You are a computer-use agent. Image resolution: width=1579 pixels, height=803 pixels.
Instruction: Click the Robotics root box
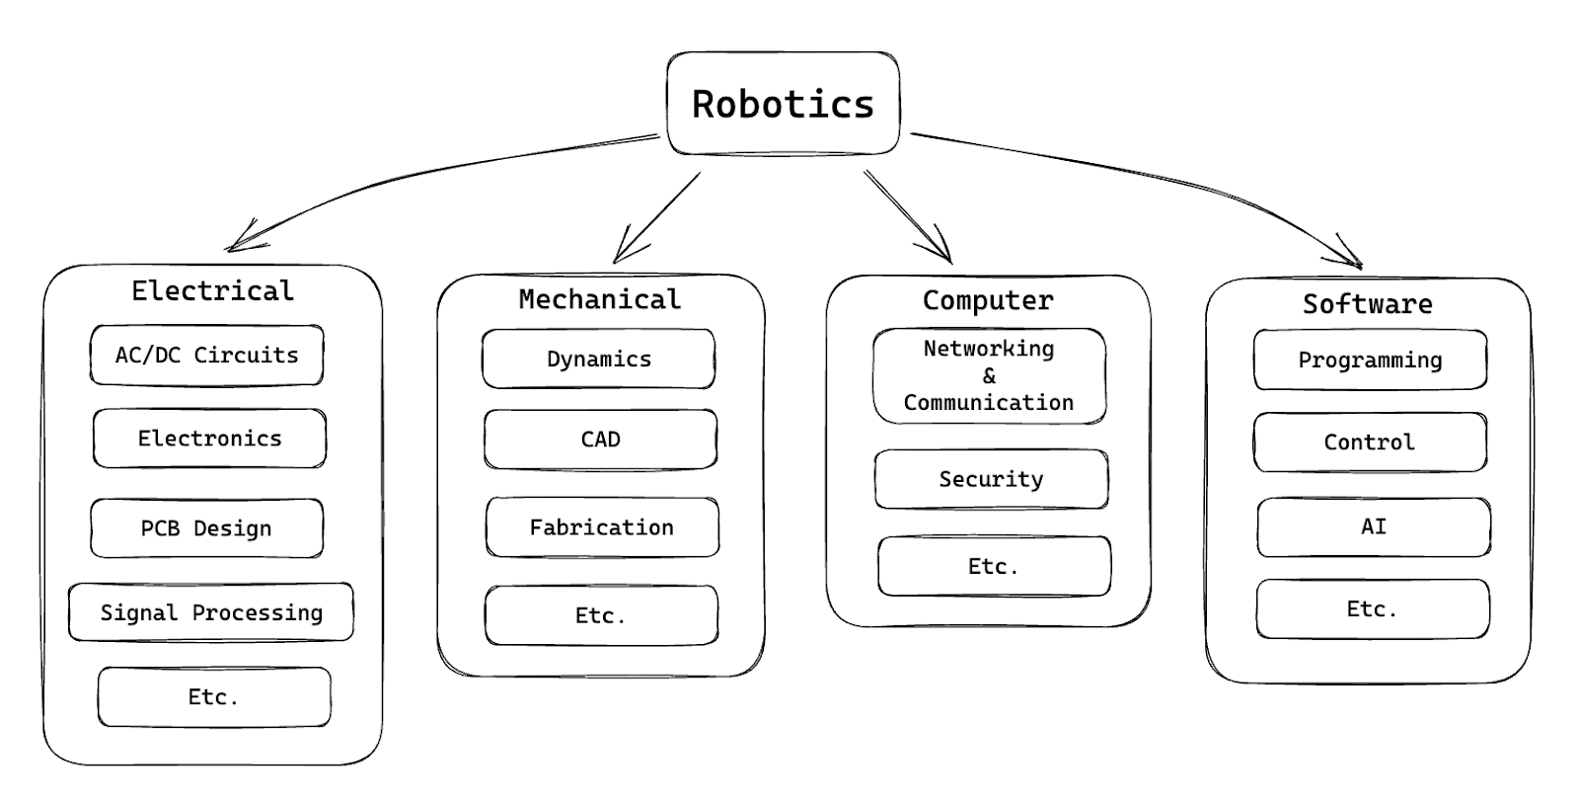click(784, 103)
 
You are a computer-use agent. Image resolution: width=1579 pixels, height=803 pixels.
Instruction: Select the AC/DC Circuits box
click(207, 355)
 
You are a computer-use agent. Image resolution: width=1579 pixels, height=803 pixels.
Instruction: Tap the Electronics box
click(210, 439)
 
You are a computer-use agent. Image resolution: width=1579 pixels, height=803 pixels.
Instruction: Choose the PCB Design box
click(207, 528)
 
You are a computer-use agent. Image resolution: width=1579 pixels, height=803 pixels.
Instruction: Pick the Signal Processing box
click(211, 611)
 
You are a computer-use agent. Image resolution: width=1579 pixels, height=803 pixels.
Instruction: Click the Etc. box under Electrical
click(214, 697)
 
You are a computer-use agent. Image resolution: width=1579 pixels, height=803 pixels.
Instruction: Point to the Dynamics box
click(599, 360)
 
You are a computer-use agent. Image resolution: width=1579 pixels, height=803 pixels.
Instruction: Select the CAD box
click(601, 440)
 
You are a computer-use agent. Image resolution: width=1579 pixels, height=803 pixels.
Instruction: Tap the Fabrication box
click(603, 527)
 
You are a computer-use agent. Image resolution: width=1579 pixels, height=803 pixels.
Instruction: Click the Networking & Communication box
click(990, 376)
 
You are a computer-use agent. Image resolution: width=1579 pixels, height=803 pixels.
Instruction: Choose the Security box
click(992, 479)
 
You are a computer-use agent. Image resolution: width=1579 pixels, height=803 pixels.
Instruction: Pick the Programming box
click(1371, 360)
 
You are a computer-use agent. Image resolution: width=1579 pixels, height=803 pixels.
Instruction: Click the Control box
click(1371, 442)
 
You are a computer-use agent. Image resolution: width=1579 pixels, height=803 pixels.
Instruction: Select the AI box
click(1374, 527)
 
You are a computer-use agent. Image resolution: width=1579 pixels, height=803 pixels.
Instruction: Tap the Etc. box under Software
click(1373, 609)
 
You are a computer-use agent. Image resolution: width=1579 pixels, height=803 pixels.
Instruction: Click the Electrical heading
click(213, 290)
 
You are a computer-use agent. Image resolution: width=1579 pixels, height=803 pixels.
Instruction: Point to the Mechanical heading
click(600, 299)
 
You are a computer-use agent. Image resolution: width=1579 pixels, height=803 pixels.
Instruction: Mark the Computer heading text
click(988, 300)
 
